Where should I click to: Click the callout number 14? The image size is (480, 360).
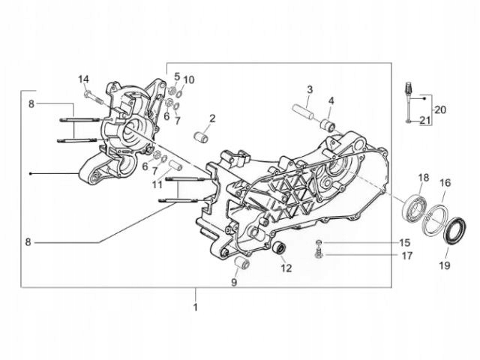pos(84,79)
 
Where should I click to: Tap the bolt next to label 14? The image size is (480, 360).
pos(91,95)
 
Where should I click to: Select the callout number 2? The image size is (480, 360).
pos(212,118)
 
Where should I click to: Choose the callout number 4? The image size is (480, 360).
pos(331,100)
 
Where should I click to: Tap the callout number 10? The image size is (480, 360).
pos(189,79)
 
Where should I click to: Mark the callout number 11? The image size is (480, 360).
pos(157,184)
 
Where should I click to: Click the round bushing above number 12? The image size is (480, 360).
pos(280,250)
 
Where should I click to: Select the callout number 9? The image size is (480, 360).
pos(234,283)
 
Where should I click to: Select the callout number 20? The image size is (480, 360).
pos(440,109)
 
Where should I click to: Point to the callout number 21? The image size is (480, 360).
pos(425,121)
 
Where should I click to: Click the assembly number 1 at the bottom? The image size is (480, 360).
pos(196,307)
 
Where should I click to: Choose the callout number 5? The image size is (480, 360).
pos(177,77)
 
